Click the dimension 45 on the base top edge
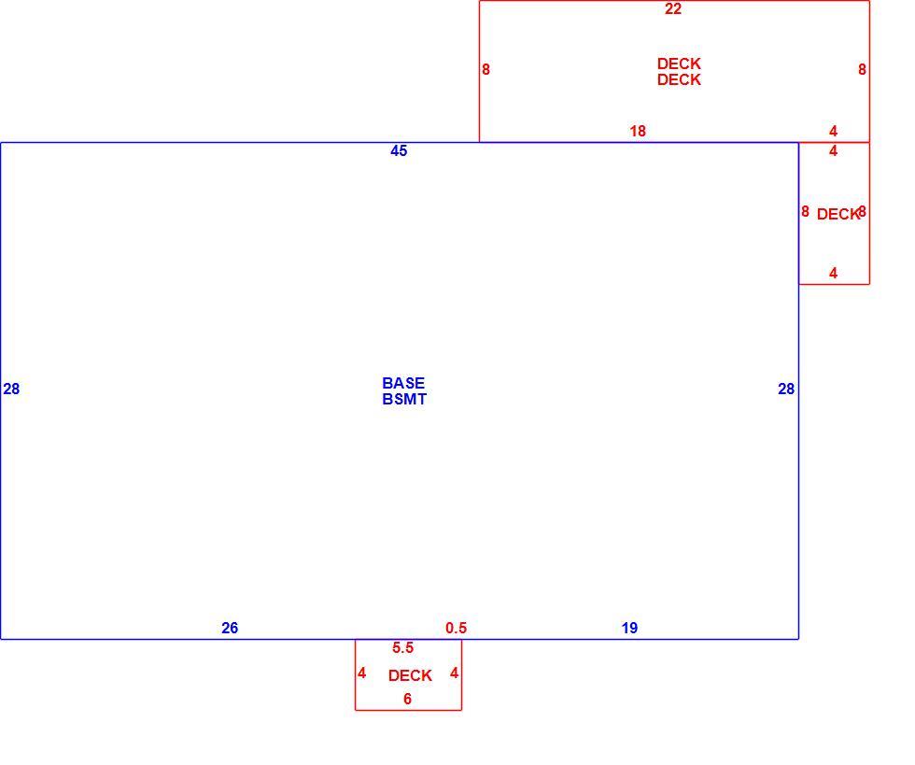(399, 150)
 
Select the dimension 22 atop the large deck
(673, 8)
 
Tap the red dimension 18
(638, 131)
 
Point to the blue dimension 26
(230, 628)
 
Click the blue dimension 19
(629, 628)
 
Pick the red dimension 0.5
(456, 628)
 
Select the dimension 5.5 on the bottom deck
(402, 647)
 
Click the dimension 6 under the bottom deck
(407, 699)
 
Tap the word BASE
(403, 383)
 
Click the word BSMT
(404, 399)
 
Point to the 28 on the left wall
(11, 389)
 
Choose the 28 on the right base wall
(786, 389)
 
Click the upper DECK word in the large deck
(679, 64)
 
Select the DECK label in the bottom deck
(410, 675)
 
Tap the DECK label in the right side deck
(838, 214)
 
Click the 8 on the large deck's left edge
(486, 69)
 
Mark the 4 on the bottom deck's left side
(362, 673)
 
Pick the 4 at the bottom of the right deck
(833, 273)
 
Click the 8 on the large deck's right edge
(862, 69)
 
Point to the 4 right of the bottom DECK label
(454, 673)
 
